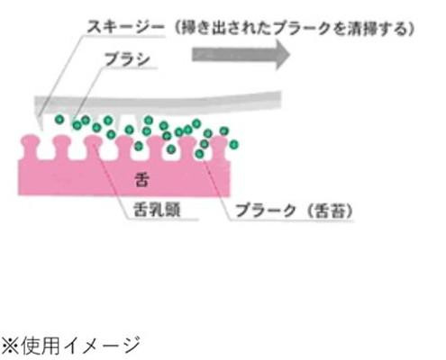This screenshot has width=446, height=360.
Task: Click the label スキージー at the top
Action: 125,28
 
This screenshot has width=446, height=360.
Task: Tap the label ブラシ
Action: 127,59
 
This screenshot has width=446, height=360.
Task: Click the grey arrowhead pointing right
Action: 282,55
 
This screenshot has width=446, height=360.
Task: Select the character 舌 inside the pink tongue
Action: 141,180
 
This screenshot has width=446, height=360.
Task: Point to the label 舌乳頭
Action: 157,209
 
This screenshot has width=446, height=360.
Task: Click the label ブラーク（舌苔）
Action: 294,211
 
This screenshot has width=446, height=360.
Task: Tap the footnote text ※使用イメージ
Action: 70,346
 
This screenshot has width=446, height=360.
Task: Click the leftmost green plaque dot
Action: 59,120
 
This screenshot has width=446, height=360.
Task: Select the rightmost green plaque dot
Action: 233,145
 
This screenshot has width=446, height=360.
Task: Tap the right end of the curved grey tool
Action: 280,96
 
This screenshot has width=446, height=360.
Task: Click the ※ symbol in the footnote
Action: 10,346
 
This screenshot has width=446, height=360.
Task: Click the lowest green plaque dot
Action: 199,154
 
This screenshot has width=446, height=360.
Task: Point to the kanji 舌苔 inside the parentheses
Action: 326,211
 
